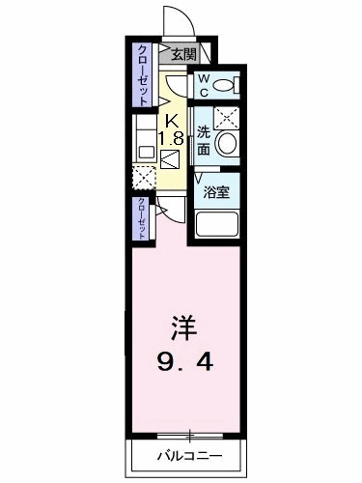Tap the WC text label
pos(204,84)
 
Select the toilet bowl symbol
pos(226,86)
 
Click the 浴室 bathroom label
pos(215,193)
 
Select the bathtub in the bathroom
pos(217,226)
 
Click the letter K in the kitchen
pos(172,121)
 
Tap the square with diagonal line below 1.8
pos(172,160)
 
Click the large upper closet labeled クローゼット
pos(142,74)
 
